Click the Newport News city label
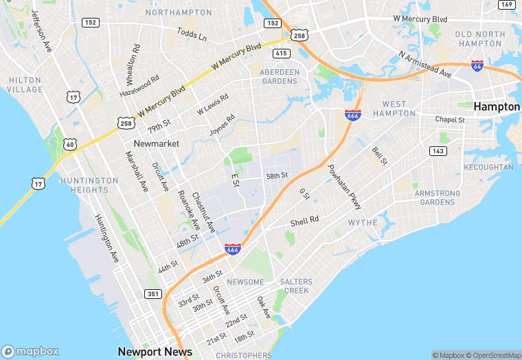click(155, 351)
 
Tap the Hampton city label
click(496, 106)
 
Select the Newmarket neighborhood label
click(156, 144)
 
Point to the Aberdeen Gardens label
click(280, 76)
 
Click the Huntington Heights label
click(90, 185)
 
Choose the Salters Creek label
click(296, 286)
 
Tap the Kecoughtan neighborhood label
click(488, 167)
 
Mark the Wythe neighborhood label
click(363, 223)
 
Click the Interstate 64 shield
click(477, 66)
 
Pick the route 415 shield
click(281, 52)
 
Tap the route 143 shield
click(438, 150)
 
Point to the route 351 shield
click(153, 293)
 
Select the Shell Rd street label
click(304, 221)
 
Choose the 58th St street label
click(277, 176)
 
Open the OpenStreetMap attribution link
click(492, 355)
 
